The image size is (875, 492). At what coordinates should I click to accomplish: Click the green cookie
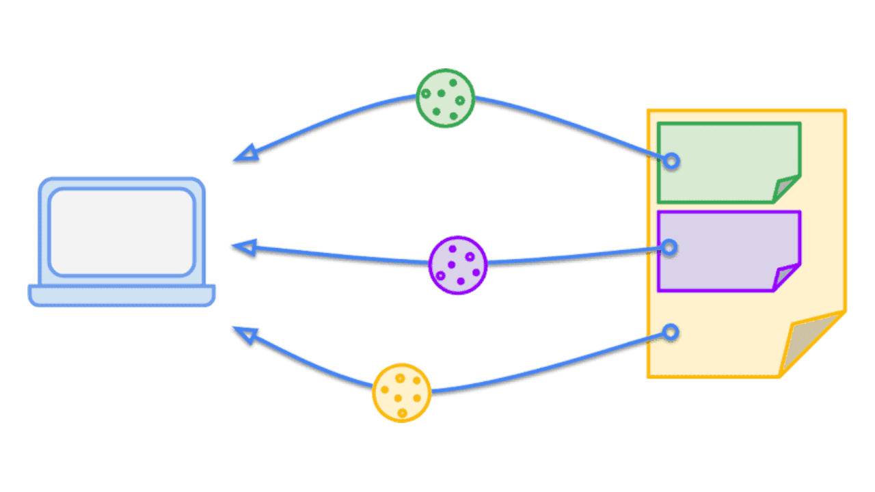[x=445, y=98]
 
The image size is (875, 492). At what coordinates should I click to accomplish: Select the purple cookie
[x=458, y=265]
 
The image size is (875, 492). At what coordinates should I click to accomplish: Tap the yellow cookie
[x=401, y=393]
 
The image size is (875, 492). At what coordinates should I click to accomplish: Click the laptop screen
[x=122, y=232]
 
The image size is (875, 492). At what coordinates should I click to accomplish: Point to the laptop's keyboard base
[x=122, y=295]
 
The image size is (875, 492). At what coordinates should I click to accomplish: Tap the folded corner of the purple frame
[x=787, y=277]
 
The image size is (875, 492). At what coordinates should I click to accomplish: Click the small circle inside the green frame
[x=671, y=161]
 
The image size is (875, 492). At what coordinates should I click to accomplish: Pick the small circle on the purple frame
[x=670, y=247]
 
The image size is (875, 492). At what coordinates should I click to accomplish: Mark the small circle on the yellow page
[x=671, y=333]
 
